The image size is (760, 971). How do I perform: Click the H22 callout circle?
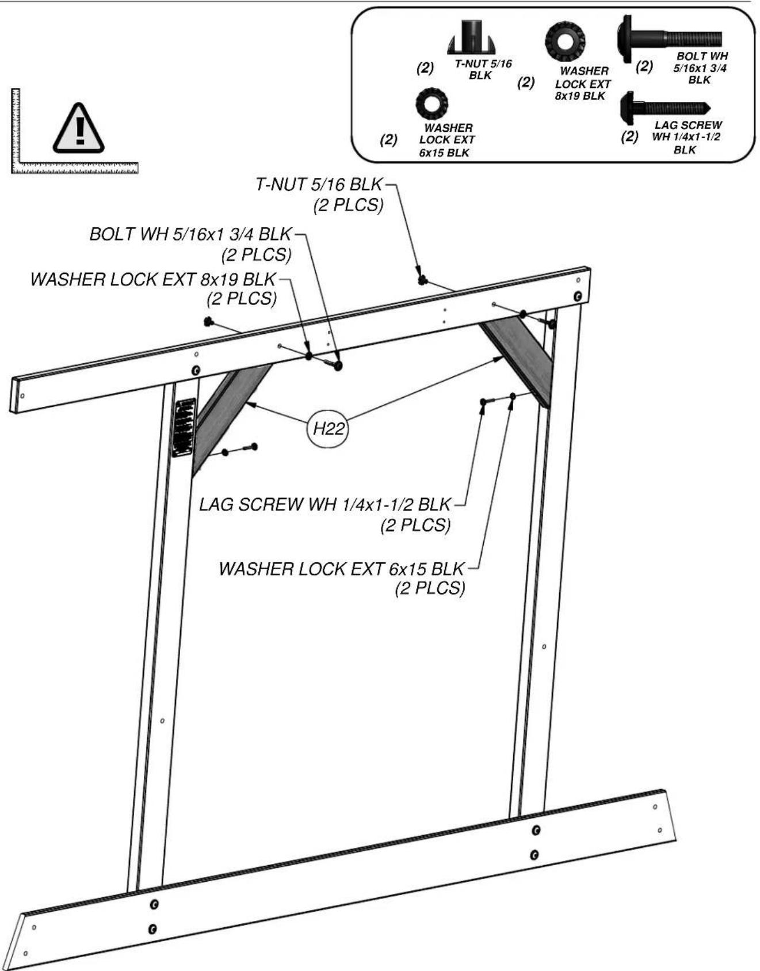tap(329, 428)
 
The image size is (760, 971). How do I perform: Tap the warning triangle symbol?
tap(79, 128)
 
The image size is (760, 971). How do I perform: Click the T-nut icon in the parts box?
tap(472, 37)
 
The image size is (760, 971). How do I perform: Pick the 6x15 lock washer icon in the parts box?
tap(432, 104)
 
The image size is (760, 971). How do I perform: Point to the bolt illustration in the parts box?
tap(670, 39)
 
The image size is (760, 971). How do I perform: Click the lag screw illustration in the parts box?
tap(666, 108)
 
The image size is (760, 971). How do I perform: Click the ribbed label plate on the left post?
tap(185, 428)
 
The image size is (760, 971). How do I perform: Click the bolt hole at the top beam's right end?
tap(578, 296)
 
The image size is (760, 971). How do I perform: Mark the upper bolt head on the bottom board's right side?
tap(536, 829)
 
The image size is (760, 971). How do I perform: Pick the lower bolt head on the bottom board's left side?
tap(152, 928)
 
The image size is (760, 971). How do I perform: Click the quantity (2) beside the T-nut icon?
tap(425, 68)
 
